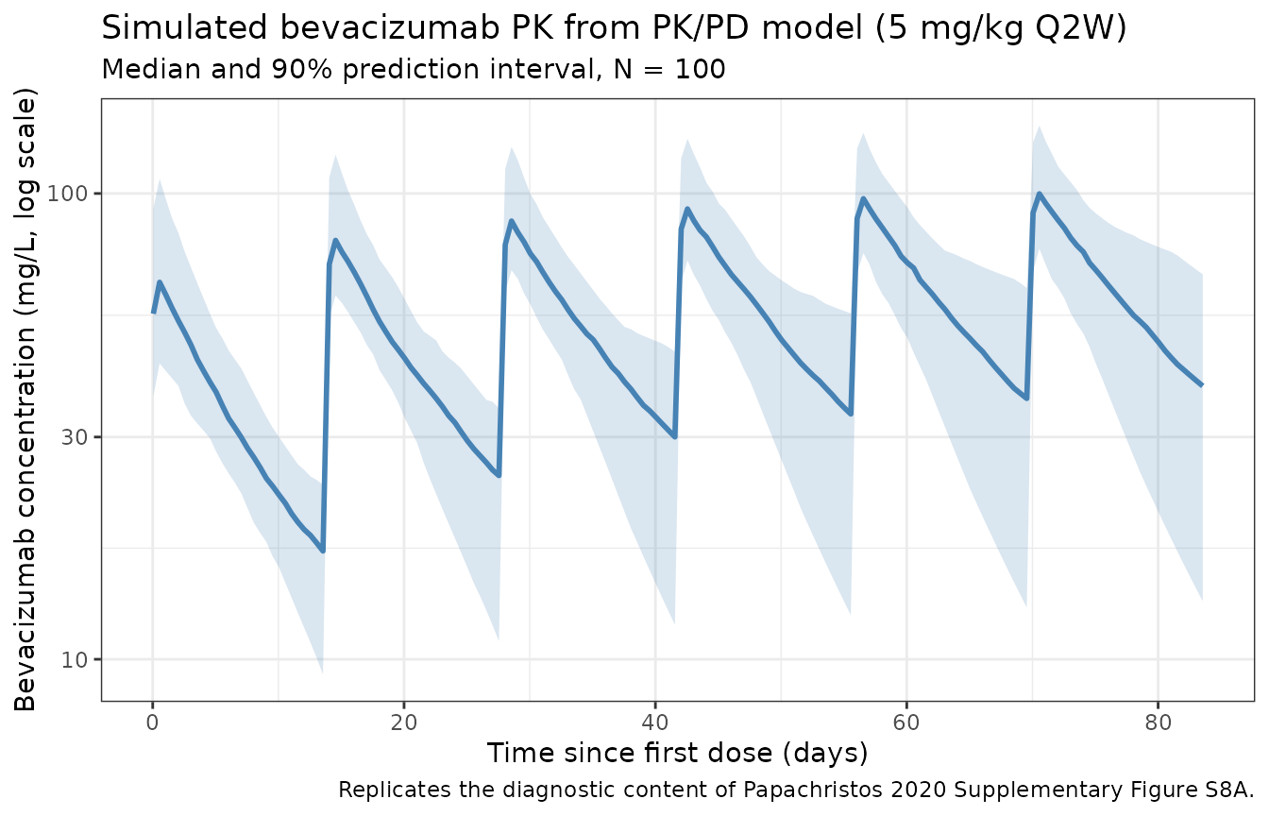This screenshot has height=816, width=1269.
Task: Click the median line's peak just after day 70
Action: [x=1039, y=195]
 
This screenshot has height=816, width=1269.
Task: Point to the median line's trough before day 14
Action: [x=323, y=550]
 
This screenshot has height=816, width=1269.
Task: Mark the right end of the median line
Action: [x=1202, y=385]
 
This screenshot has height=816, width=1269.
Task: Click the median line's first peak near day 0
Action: [x=160, y=281]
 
